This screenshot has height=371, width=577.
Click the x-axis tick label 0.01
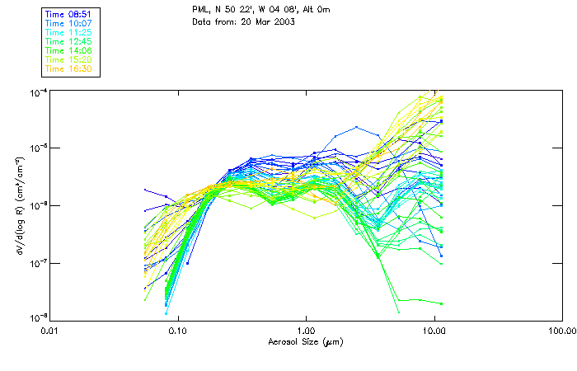coord(50,331)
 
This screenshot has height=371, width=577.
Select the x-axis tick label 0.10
coord(178,331)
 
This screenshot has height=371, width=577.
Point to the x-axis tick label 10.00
coord(434,331)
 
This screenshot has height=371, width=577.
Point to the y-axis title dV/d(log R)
coord(18,204)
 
